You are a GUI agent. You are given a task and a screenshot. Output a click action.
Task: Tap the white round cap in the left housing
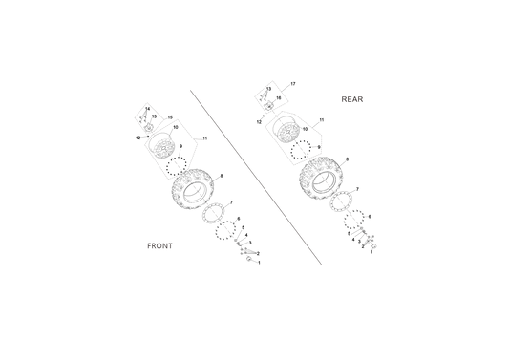(x=165, y=148)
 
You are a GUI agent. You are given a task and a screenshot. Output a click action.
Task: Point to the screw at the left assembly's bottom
(x=247, y=254)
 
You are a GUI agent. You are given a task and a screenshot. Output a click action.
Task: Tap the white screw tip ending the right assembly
(x=375, y=246)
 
